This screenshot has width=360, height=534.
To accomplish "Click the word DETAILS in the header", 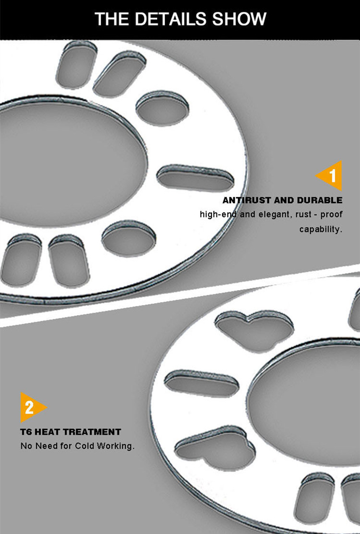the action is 171,18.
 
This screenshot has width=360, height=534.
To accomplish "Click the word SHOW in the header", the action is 239,18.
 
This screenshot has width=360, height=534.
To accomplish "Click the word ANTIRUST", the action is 247,200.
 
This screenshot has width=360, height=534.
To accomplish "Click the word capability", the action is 321,229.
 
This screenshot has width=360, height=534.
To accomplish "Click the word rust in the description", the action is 303,215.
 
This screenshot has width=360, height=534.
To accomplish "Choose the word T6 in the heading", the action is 26,432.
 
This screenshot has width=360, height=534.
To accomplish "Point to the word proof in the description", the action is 331,215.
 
